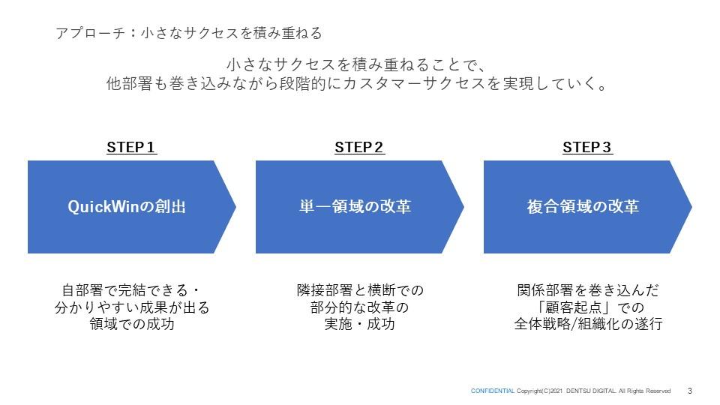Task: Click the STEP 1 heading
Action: (x=131, y=148)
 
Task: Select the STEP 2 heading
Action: (x=359, y=148)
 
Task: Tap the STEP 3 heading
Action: (x=587, y=148)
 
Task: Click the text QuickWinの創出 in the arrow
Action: (x=127, y=207)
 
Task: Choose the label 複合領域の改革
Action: (x=583, y=207)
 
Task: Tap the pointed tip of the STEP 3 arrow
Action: (x=690, y=207)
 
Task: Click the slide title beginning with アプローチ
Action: (x=188, y=34)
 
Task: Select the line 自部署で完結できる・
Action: (x=131, y=290)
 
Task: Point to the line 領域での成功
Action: (x=131, y=325)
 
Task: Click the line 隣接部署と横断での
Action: (x=359, y=290)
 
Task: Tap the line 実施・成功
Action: (x=359, y=325)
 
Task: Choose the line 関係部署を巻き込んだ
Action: (x=587, y=290)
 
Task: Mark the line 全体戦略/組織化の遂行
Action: (x=587, y=325)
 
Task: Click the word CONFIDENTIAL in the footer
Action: (x=492, y=391)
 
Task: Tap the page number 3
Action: (x=689, y=391)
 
